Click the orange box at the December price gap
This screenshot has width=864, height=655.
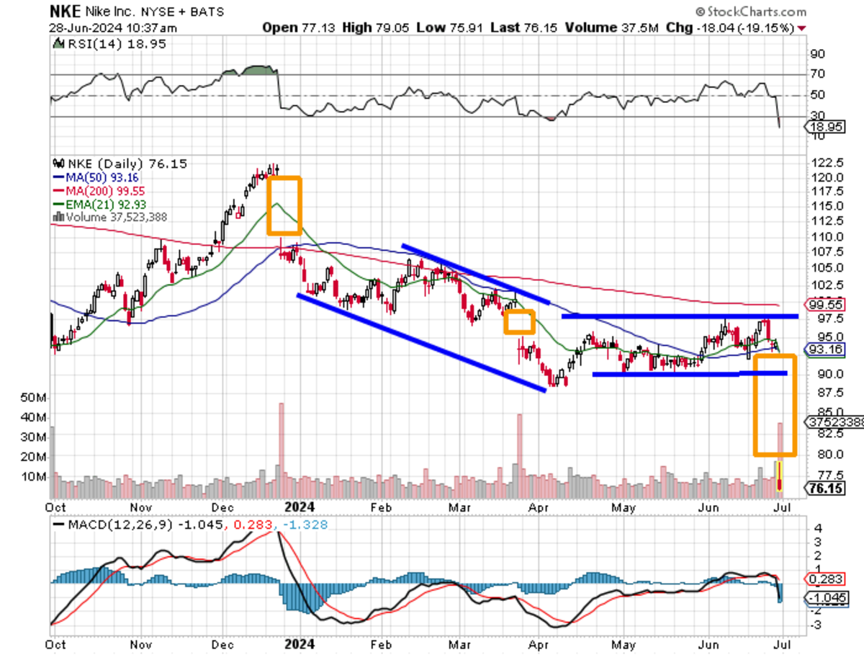284,205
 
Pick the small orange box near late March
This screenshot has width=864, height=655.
519,321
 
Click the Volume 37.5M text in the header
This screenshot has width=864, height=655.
592,27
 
